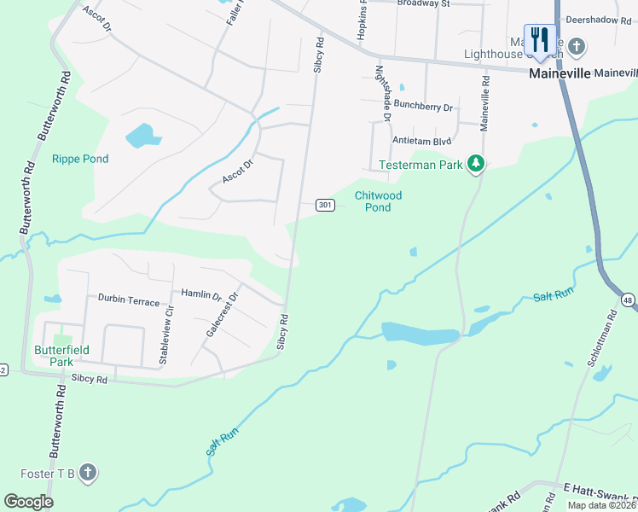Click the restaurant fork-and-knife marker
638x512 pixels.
(539, 39)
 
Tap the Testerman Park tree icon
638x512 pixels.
(476, 164)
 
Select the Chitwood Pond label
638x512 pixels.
(378, 201)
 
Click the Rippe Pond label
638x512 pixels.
(80, 159)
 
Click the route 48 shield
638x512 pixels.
(629, 300)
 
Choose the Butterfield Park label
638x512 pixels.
(54, 355)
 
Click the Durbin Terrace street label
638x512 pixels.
(128, 300)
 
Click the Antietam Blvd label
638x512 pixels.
(421, 141)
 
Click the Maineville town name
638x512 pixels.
(560, 73)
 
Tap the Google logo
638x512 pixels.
(28, 502)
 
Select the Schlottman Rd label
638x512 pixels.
(601, 339)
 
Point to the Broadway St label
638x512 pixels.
(422, 3)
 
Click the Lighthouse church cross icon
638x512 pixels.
(577, 45)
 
